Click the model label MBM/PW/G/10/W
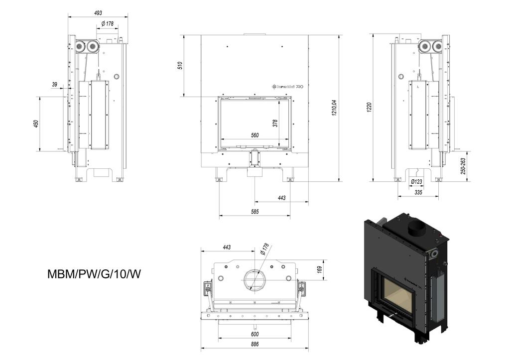point(94,273)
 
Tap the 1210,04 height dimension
point(334,108)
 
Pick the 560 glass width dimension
point(255,135)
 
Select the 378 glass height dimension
point(275,123)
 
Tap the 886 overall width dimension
point(255,345)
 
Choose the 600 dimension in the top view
point(255,334)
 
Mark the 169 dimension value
point(319,269)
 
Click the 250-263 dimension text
point(463,166)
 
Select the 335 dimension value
point(418,192)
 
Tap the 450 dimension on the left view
point(36,123)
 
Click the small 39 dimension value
point(54,85)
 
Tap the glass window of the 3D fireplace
point(396,296)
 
